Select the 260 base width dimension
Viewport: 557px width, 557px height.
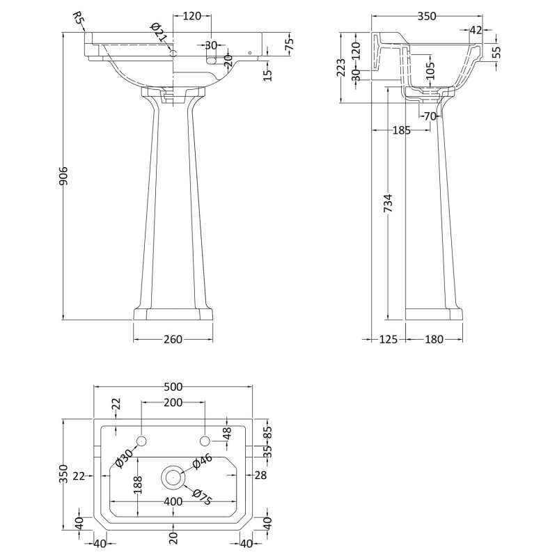[x=173, y=339]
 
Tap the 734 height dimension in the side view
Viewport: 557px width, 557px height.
[x=391, y=203]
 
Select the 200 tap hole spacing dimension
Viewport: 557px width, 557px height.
[x=173, y=402]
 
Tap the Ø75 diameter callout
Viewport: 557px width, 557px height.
[x=200, y=497]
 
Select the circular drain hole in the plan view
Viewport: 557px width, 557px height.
[x=172, y=478]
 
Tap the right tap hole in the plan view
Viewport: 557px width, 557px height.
[x=205, y=441]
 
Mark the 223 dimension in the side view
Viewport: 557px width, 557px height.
[x=341, y=68]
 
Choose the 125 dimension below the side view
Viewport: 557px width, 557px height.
[x=388, y=339]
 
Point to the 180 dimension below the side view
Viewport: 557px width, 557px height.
[x=434, y=339]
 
